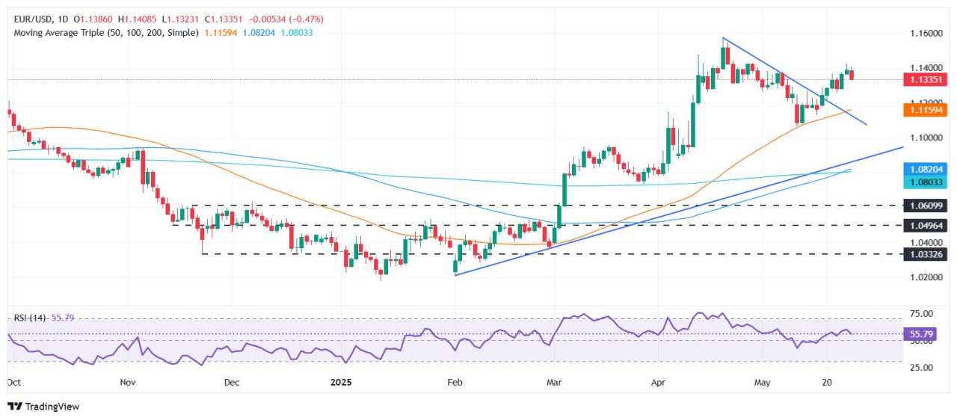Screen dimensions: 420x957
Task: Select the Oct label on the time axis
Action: coord(14,382)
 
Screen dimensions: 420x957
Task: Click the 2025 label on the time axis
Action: coord(341,382)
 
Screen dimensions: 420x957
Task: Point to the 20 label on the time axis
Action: coord(827,382)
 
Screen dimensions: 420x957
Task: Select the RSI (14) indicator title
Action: coord(30,318)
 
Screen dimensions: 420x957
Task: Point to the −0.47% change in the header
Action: coord(308,19)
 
